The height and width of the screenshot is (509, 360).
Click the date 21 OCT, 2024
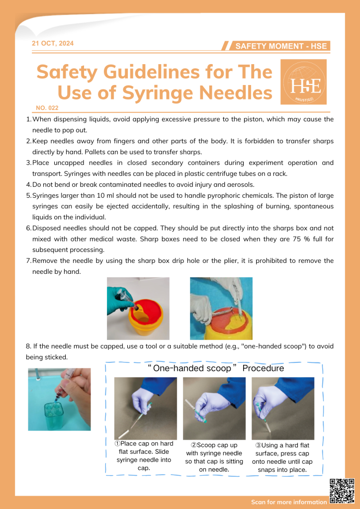point(53,44)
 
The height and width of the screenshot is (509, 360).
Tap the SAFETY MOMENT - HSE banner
point(280,46)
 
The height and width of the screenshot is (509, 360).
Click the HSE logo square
point(303,82)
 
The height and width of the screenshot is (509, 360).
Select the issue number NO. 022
point(48,107)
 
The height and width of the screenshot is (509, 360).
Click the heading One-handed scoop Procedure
point(215,368)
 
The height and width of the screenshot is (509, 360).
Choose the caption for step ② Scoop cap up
point(214,457)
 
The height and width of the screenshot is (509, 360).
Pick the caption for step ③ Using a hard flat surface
point(282,457)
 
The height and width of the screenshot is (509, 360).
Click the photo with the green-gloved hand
point(138,308)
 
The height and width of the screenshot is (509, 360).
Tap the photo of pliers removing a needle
point(221,308)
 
